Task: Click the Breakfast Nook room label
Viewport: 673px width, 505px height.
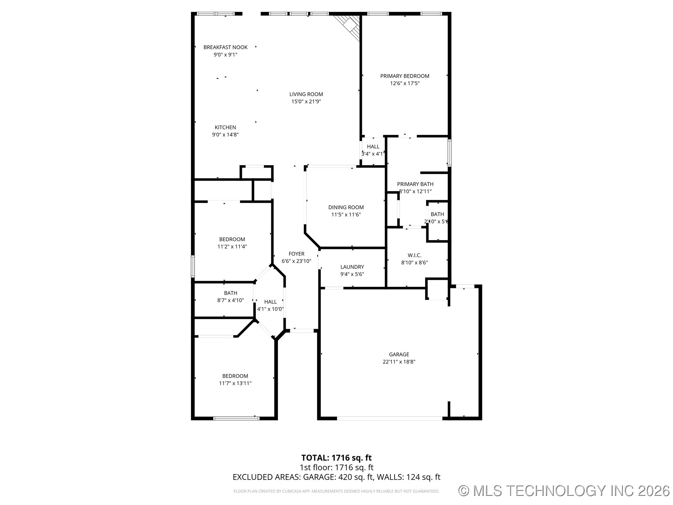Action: tap(225, 47)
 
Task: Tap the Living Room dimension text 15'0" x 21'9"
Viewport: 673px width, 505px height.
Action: tap(306, 102)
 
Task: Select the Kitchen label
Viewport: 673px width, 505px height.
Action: tap(225, 127)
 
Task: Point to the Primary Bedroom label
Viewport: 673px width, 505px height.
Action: tap(405, 76)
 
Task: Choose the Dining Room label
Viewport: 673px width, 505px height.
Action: tap(346, 207)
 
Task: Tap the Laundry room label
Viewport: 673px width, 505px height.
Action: tap(352, 267)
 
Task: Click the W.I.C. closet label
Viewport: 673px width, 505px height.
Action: tap(414, 255)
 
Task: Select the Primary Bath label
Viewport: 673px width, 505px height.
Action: tap(415, 184)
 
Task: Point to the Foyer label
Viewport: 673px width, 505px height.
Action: tap(297, 254)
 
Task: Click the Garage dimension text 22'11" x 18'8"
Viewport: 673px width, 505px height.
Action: tap(399, 362)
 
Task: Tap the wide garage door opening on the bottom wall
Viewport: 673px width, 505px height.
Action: tap(389, 418)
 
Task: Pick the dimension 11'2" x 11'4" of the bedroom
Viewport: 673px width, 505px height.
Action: tap(232, 247)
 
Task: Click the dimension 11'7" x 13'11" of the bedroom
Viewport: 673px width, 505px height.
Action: tap(235, 383)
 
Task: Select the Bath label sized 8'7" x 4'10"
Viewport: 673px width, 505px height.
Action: tap(231, 293)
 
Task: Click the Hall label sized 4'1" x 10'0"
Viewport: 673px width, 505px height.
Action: tap(270, 302)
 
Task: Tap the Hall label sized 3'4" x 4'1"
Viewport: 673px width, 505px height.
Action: tap(373, 147)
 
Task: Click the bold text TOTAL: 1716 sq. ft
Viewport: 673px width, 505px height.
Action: tap(336, 458)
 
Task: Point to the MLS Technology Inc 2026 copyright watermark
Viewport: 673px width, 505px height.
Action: tap(564, 491)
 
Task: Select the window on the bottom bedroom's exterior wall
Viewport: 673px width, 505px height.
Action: tap(236, 418)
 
